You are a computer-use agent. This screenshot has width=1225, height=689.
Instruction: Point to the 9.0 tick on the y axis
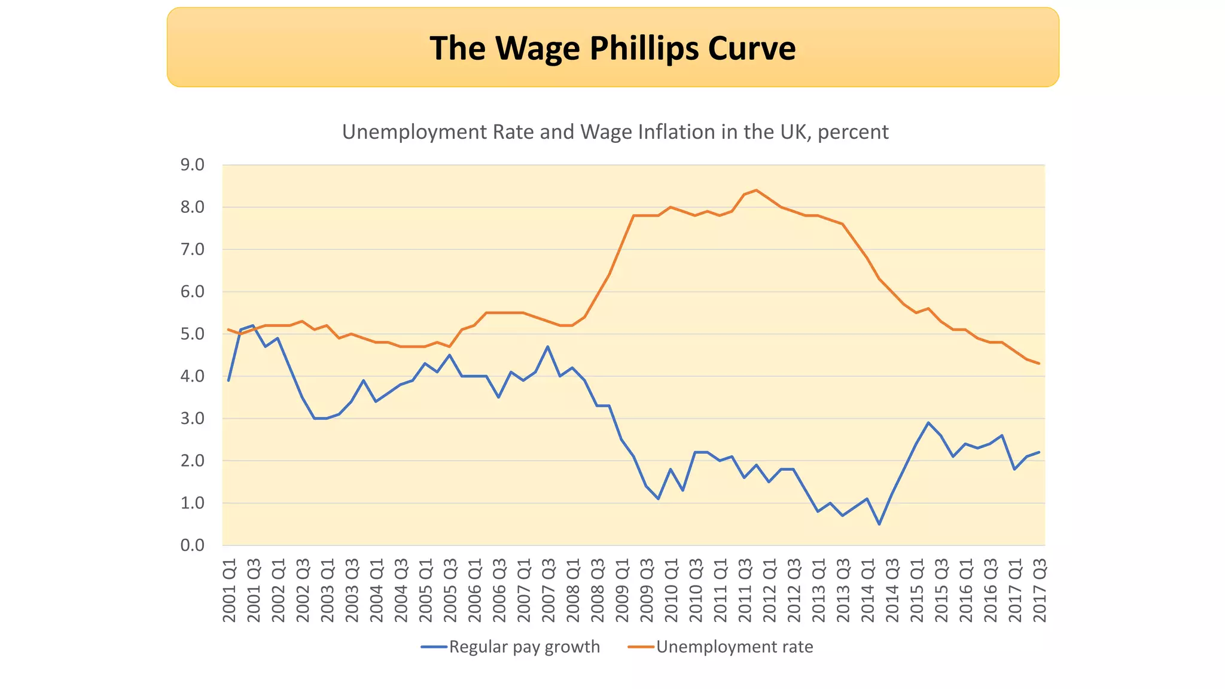coord(192,165)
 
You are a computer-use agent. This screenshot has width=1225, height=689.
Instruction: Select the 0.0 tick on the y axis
coord(192,545)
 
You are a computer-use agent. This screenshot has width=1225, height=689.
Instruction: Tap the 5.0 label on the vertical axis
coord(192,334)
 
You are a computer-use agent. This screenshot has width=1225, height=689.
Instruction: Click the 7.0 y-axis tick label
coord(192,249)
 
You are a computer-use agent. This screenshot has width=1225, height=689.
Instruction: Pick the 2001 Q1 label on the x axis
coord(229,590)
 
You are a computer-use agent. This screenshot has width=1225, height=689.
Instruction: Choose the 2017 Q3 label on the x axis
coord(1040,590)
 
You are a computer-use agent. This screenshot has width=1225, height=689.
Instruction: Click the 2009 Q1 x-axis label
coord(622,590)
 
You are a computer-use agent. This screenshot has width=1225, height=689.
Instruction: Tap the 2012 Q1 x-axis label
coord(769,590)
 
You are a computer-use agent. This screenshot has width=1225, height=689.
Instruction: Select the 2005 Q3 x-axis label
coord(450,590)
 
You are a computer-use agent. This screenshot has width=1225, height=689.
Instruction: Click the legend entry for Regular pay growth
coord(524,647)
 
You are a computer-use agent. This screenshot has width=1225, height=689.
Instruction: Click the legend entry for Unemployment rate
coord(735,647)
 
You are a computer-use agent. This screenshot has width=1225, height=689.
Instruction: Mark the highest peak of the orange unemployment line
coord(757,190)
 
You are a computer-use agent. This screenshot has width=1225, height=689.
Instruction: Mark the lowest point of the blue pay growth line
coord(879,525)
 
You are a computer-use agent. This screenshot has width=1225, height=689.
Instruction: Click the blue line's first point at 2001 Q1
coord(228,380)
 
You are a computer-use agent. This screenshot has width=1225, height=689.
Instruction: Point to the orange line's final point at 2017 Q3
coord(1039,364)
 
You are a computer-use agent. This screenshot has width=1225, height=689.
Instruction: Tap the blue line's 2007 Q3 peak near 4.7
coord(548,346)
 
